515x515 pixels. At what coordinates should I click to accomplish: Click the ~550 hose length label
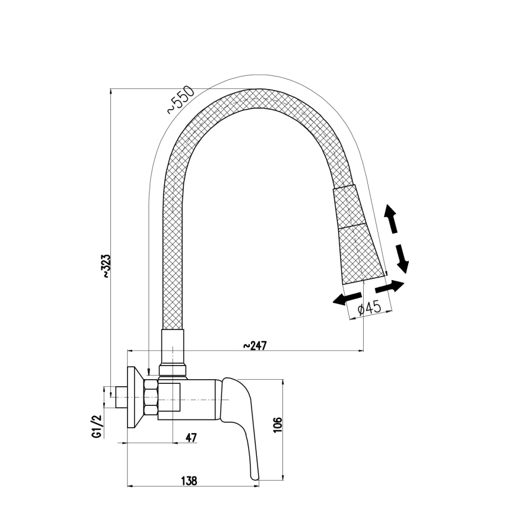(x=180, y=100)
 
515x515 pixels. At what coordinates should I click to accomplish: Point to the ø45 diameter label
(x=369, y=308)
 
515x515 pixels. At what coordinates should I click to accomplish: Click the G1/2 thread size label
(x=95, y=427)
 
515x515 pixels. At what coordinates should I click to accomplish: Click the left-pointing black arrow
(x=346, y=299)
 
